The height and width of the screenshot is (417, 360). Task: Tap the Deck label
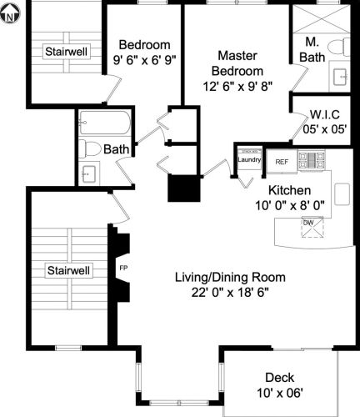(279, 376)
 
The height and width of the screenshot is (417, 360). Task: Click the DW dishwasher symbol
(308, 223)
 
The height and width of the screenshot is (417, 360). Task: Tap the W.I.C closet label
(322, 115)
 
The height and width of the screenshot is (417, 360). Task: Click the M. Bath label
(313, 49)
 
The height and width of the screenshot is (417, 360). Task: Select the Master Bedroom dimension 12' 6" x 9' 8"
(237, 86)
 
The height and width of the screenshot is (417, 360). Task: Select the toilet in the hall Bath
(92, 149)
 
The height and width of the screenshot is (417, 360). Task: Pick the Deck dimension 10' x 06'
(279, 392)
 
